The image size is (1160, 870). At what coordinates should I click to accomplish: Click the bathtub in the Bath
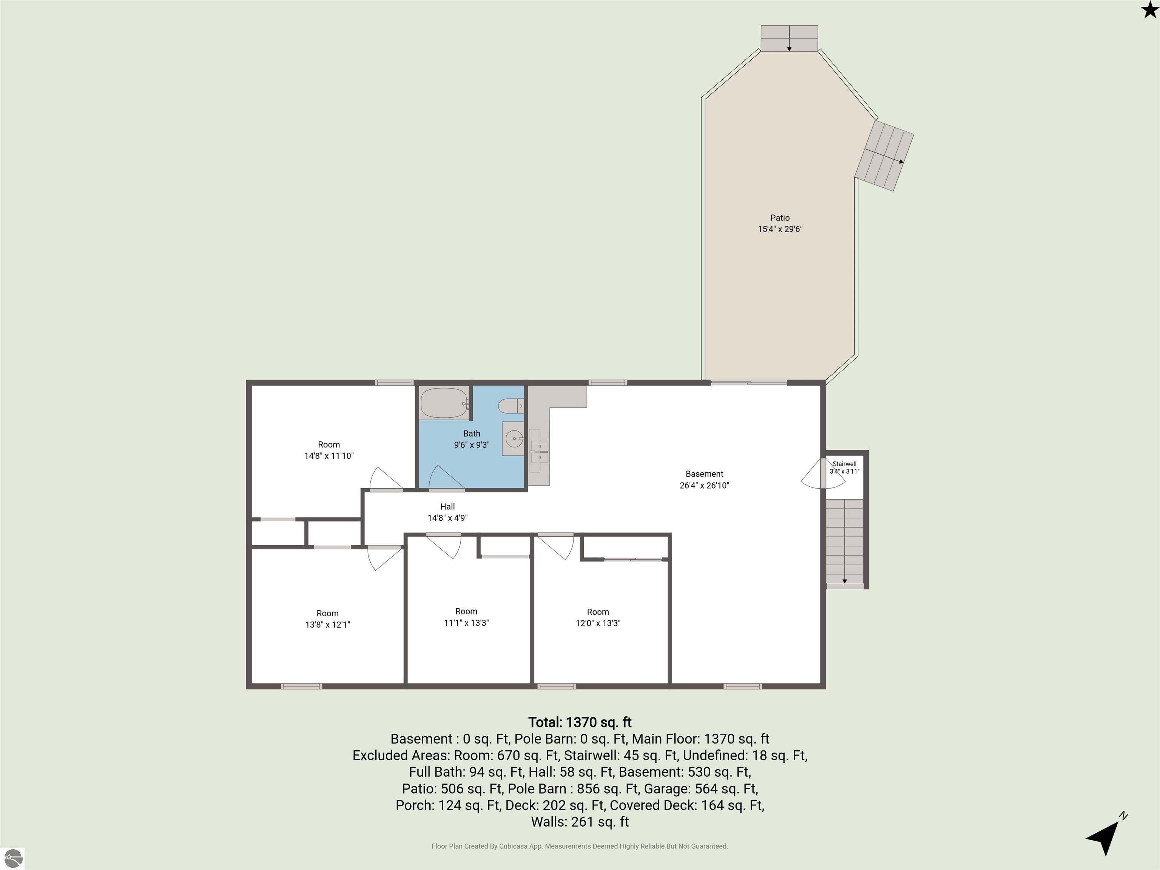tap(444, 403)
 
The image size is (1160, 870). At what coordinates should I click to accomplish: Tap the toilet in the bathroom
tap(510, 406)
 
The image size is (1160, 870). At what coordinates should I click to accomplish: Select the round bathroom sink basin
tap(514, 438)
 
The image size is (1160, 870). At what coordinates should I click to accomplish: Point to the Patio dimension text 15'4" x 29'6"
tap(780, 229)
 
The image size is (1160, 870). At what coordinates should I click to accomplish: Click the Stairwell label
tap(844, 464)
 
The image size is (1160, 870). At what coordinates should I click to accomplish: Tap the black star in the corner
tap(1149, 9)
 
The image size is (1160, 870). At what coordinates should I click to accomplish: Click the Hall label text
tap(447, 507)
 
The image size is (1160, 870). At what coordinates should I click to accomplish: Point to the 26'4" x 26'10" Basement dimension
tap(704, 486)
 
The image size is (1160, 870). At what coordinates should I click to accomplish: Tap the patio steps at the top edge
tap(789, 38)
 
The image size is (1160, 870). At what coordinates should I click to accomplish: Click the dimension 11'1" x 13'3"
tap(466, 623)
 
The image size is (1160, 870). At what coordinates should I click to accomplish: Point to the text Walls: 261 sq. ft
tap(580, 822)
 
